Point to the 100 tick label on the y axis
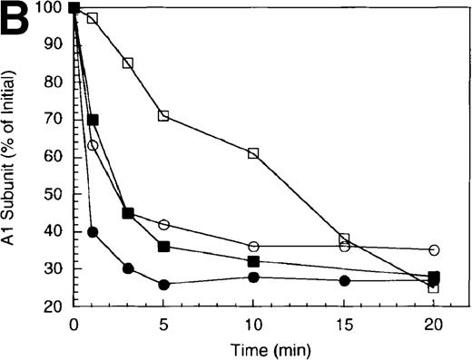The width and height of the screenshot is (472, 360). tap(52, 8)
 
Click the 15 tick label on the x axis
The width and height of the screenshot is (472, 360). tap(344, 323)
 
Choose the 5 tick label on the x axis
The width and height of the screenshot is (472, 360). tap(164, 323)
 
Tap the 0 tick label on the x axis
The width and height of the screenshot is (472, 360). tap(74, 323)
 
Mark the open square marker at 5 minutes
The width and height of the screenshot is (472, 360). tap(164, 116)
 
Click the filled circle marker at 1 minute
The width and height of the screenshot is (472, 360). tap(93, 232)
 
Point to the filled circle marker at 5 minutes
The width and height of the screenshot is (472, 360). tap(164, 285)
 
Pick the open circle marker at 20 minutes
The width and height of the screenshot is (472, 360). tap(434, 249)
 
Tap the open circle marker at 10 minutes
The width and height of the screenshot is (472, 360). tap(253, 247)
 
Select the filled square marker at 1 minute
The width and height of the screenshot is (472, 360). tap(93, 120)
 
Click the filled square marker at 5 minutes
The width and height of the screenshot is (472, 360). tap(164, 247)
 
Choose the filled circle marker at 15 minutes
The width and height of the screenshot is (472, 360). tap(344, 281)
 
